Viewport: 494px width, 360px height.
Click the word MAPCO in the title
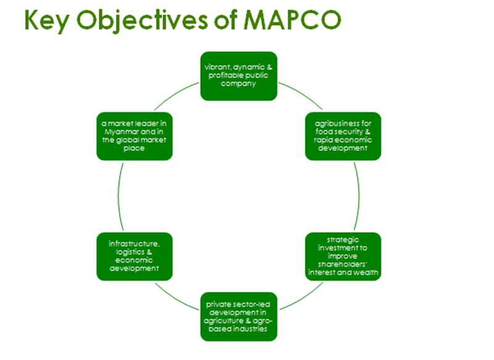(x=293, y=20)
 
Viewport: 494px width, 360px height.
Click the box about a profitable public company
(x=239, y=76)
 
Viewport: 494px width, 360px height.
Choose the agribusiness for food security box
(x=343, y=136)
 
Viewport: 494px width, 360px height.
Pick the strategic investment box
(x=343, y=256)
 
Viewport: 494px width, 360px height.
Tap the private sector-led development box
(x=239, y=317)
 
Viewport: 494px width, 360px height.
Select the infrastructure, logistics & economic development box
(x=135, y=256)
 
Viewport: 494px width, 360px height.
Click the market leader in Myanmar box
(x=135, y=136)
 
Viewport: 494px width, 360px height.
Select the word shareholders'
(x=343, y=264)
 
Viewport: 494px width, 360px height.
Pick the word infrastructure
(x=134, y=244)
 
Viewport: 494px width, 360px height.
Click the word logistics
(x=130, y=253)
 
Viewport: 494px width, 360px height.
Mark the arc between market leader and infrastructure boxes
(x=119, y=196)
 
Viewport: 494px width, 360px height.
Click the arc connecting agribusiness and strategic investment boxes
(x=359, y=196)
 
